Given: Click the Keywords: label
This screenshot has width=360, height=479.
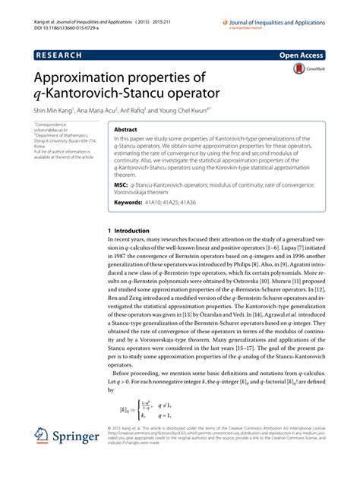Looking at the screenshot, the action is click(133, 203).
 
